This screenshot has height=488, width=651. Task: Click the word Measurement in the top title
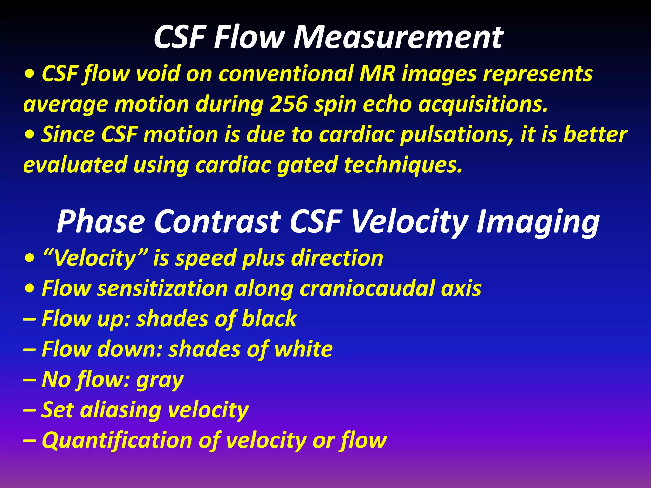pos(398,37)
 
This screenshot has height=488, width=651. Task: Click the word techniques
pos(403,165)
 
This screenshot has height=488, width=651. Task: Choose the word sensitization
pos(162,288)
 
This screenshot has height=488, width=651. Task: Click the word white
pos(303,349)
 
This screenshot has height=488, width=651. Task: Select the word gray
pos(160,380)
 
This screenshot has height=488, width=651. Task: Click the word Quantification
pos(117,440)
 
